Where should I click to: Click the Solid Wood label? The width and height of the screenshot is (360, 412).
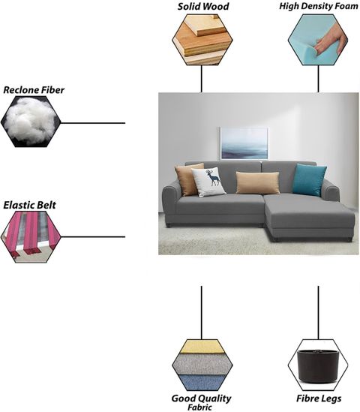click(x=203, y=6)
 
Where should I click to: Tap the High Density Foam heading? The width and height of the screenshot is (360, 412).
click(x=319, y=6)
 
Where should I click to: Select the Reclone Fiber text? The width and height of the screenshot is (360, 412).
click(x=34, y=90)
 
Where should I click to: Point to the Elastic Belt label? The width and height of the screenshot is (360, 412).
click(x=29, y=205)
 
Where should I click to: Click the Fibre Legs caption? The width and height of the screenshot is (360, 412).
click(x=319, y=398)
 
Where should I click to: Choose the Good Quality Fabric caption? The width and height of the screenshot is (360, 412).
click(x=202, y=402)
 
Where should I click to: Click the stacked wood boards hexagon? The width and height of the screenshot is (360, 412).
click(x=202, y=40)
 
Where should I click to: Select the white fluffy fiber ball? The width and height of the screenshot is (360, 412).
click(x=30, y=122)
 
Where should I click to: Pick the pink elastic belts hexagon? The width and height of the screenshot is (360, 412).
click(x=31, y=237)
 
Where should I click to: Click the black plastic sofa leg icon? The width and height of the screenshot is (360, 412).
click(x=318, y=366)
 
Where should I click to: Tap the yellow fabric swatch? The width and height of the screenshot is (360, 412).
click(x=202, y=346)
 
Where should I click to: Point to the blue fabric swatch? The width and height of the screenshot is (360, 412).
click(x=202, y=383)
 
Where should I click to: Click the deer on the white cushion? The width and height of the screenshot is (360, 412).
click(x=214, y=178)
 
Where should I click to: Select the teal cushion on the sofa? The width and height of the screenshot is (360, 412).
click(x=309, y=179)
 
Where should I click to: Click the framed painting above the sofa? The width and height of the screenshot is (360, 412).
click(x=244, y=143)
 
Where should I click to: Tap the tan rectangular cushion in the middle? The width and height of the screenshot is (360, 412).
click(x=257, y=183)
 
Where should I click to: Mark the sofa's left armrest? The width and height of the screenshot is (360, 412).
click(x=171, y=203)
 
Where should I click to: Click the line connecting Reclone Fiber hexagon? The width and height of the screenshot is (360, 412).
click(x=93, y=123)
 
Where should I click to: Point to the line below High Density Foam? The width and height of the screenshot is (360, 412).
click(x=318, y=79)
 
